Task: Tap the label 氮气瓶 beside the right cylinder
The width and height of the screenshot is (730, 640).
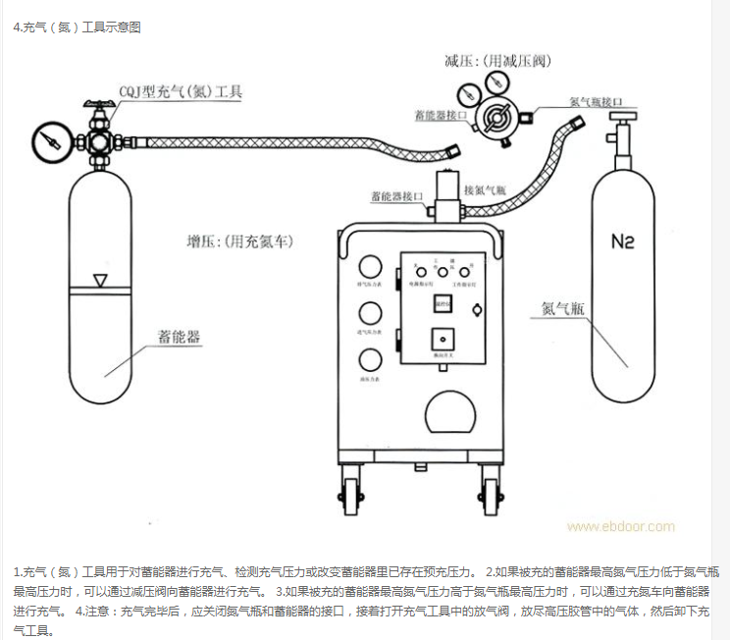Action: pos(562,308)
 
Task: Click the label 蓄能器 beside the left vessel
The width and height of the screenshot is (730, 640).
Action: pos(179,337)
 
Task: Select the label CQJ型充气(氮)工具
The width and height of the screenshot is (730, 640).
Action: pos(180,92)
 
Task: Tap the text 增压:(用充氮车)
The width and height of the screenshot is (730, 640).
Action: pos(239,240)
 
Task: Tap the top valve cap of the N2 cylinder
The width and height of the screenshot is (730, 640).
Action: pos(620,119)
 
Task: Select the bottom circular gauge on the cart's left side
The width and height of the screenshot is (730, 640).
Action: pos(370,358)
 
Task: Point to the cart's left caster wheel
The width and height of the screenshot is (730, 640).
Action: pos(350,490)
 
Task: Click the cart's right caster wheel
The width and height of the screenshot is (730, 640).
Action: pos(491,490)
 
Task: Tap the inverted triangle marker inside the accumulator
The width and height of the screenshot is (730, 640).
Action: pos(99,281)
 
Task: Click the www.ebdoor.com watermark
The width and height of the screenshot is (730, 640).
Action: pos(621,526)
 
